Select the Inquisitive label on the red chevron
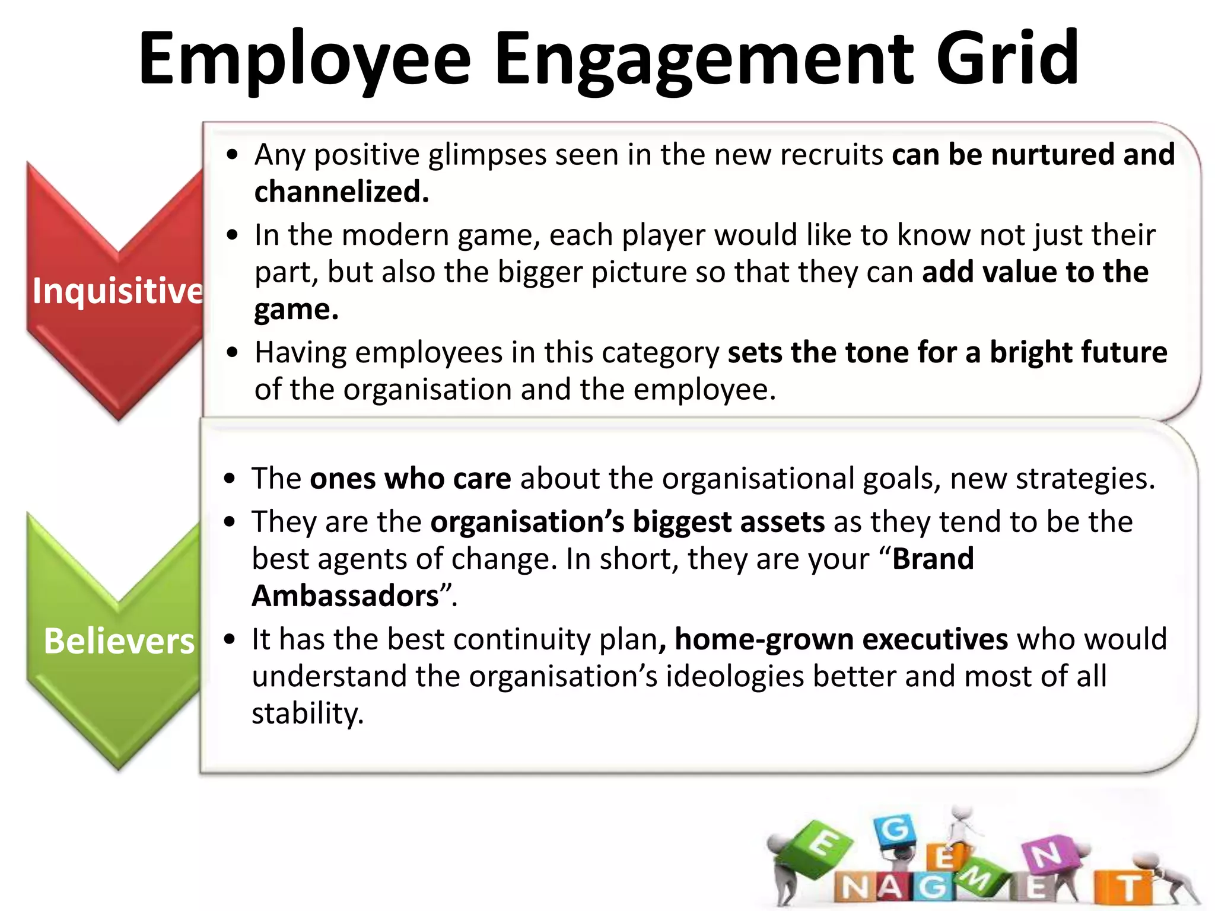click(x=117, y=291)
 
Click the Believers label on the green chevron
click(x=119, y=641)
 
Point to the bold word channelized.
click(x=341, y=192)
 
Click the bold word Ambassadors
click(x=345, y=595)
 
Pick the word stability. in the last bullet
click(x=307, y=713)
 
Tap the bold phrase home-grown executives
click(x=841, y=639)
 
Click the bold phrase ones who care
click(x=410, y=478)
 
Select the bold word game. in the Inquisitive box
click(x=296, y=309)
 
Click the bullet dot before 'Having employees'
click(x=232, y=353)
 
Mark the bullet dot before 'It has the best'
click(x=230, y=640)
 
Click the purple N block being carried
click(x=1047, y=855)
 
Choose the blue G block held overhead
click(x=894, y=829)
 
